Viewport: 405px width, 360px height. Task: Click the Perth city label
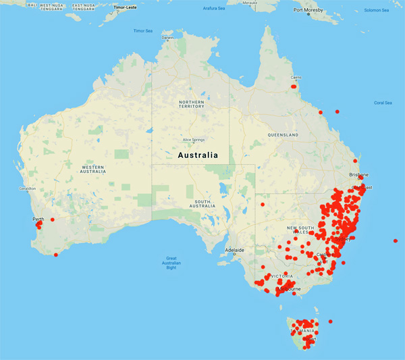(x=38, y=220)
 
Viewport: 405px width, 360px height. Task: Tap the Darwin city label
(x=167, y=38)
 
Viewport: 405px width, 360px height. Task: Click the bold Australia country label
(x=198, y=155)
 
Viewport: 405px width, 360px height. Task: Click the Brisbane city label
(x=358, y=174)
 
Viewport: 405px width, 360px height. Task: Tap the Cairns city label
(x=296, y=78)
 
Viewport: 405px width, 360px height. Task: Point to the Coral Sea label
(x=383, y=103)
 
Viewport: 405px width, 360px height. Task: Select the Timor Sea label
(x=144, y=31)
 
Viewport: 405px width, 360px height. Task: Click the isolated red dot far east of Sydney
(x=396, y=241)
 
